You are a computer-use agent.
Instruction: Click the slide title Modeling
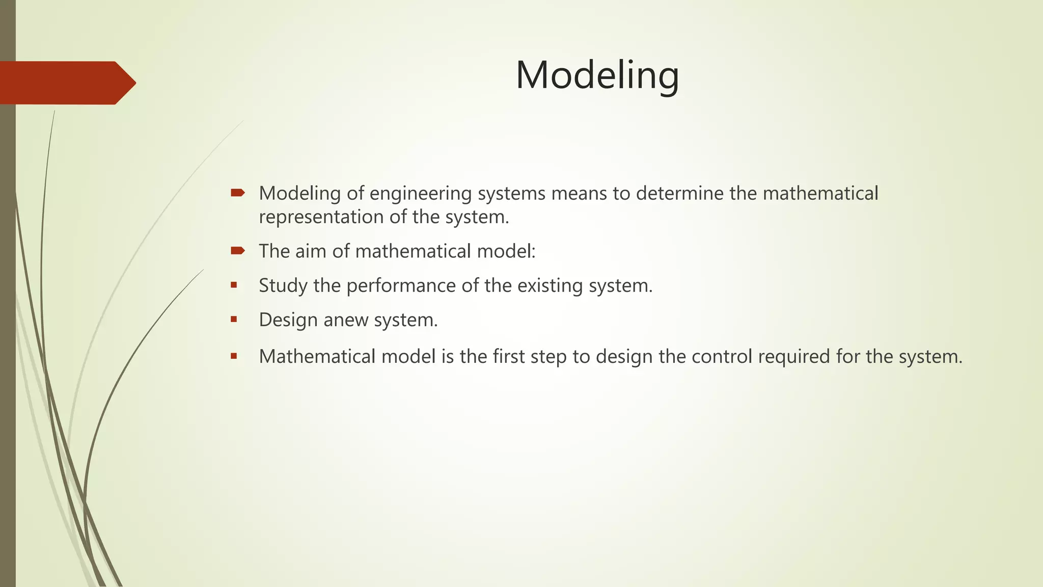[x=597, y=75]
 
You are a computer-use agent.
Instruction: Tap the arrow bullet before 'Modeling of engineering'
[x=237, y=193]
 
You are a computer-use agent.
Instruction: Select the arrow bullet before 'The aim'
[x=237, y=250]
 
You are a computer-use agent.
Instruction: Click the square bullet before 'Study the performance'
[x=234, y=285]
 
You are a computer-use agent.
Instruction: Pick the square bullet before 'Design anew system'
[x=234, y=319]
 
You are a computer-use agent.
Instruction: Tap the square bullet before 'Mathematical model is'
[x=234, y=356]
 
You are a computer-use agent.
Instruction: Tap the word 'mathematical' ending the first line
[x=820, y=194]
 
